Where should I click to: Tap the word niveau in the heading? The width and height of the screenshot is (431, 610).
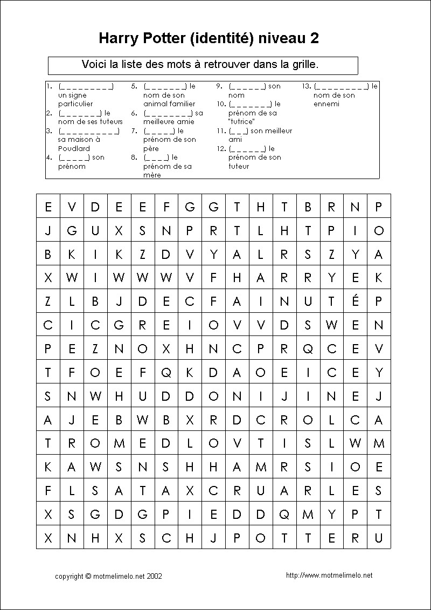(282, 38)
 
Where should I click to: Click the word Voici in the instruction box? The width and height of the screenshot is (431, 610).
(94, 64)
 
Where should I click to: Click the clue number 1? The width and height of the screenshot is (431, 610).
(48, 86)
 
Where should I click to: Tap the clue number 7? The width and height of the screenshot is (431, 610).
(134, 131)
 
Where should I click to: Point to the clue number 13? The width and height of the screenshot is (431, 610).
(306, 86)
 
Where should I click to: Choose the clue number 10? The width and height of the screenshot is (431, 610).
(220, 104)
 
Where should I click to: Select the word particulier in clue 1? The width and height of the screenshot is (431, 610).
(75, 104)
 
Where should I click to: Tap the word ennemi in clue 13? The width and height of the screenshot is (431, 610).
(326, 104)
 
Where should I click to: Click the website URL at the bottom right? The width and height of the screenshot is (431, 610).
(329, 575)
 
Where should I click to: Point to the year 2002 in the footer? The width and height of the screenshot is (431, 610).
(154, 576)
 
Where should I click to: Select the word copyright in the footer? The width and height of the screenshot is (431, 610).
(69, 576)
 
